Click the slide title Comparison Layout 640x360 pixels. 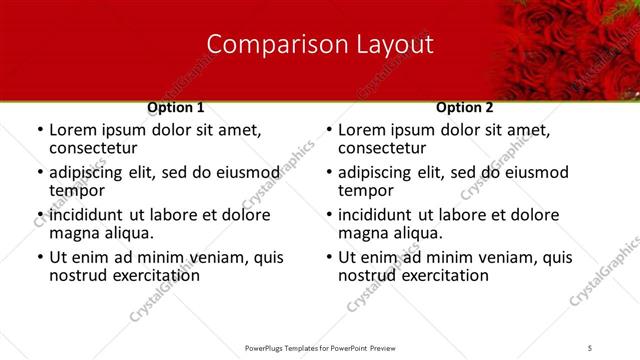tap(320, 44)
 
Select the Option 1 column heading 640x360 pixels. tap(175, 107)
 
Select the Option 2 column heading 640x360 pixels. tap(465, 107)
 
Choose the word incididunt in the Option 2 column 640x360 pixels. tap(380, 215)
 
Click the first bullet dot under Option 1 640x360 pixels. tap(39, 131)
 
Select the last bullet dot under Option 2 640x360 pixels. tap(328, 258)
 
